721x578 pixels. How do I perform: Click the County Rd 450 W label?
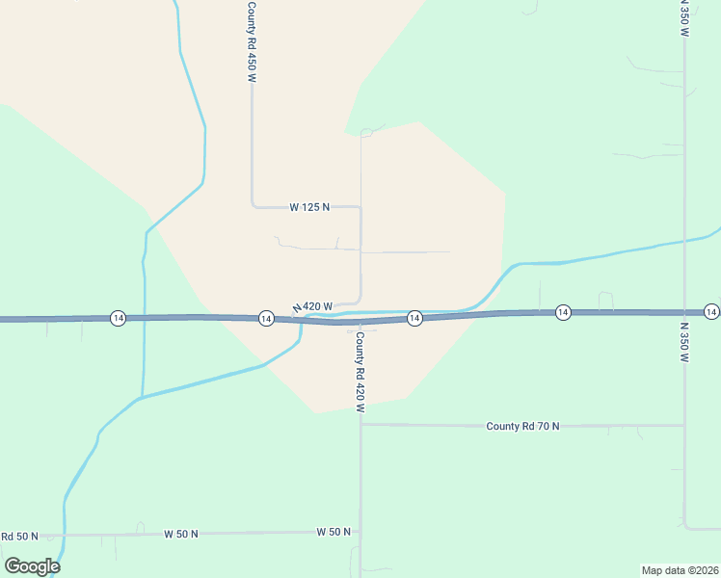pos(252,42)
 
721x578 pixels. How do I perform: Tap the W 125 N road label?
pos(309,207)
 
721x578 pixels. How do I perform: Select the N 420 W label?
pos(313,307)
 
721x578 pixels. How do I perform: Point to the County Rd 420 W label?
pos(360,372)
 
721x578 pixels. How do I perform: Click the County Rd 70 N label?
pos(522,426)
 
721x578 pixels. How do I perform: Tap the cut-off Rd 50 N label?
pos(18,536)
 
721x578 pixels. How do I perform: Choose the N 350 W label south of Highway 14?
pos(684,342)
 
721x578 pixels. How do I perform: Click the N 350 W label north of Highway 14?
pos(684,18)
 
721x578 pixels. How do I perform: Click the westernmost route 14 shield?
pos(118,318)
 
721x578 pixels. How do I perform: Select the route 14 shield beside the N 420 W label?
pos(265,318)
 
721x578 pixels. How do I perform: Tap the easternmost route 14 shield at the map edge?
pos(711,311)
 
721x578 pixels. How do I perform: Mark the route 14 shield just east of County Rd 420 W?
pos(414,318)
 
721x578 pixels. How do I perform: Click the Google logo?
pos(32,566)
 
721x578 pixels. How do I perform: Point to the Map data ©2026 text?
pos(680,569)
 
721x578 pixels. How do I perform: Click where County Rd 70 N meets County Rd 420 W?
pos(361,424)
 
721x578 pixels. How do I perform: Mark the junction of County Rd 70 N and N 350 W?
pos(684,425)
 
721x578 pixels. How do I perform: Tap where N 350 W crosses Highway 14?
pos(684,312)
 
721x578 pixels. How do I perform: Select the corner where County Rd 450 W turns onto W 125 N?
pos(253,205)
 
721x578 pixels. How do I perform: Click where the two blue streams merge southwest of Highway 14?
pos(143,397)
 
